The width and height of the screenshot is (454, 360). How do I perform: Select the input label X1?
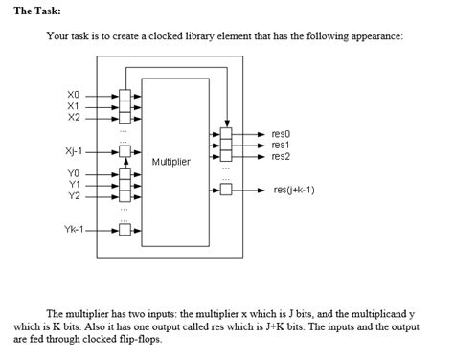click(75, 106)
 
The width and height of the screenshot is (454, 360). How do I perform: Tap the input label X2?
click(75, 117)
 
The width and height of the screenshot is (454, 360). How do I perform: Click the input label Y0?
click(75, 173)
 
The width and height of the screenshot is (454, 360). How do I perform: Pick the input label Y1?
click(75, 184)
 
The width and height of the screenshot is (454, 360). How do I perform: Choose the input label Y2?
click(75, 195)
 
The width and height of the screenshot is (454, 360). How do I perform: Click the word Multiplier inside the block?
click(170, 162)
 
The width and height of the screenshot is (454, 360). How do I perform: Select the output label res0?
click(281, 134)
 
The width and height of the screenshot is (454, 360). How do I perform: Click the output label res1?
click(281, 145)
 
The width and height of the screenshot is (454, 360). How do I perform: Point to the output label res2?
click(281, 156)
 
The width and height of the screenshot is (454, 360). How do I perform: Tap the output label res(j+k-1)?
click(293, 190)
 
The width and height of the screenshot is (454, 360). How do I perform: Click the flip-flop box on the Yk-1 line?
click(124, 229)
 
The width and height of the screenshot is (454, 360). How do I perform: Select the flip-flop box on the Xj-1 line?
click(124, 150)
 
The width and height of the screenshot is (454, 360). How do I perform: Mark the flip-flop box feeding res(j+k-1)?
click(226, 190)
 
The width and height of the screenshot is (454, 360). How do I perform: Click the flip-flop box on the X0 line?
click(124, 96)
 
